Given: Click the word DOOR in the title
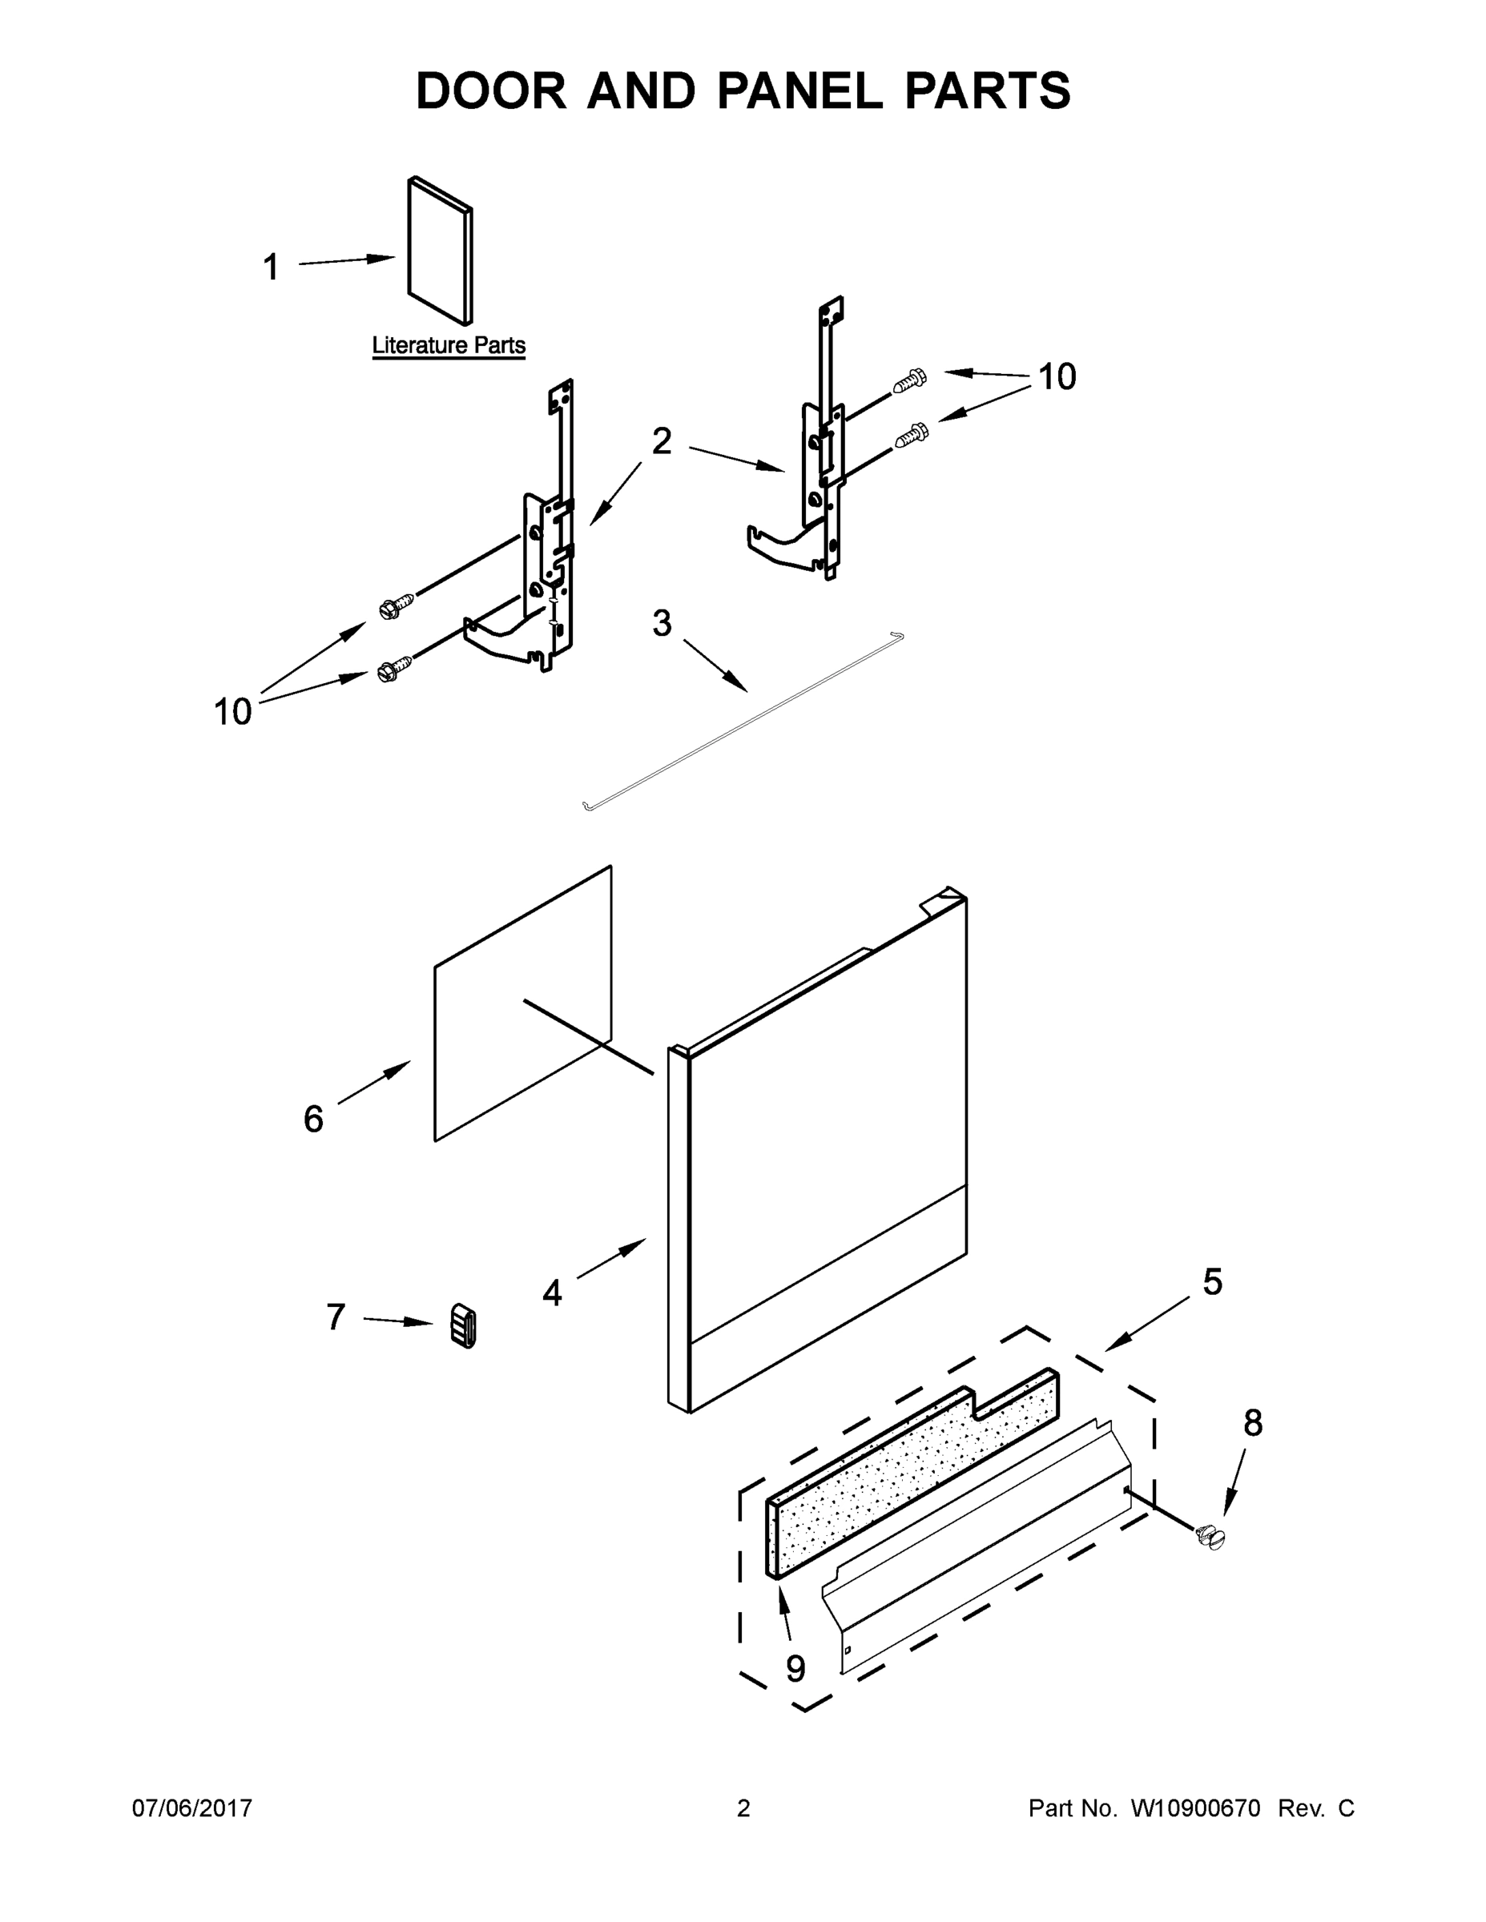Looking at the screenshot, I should (x=491, y=90).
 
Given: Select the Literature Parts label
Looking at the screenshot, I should (x=448, y=345).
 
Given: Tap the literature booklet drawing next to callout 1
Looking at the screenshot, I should (x=439, y=251).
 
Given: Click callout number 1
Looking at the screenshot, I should (x=271, y=267).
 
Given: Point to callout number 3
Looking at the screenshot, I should (x=662, y=623).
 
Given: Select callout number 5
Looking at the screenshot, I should (x=1212, y=1282).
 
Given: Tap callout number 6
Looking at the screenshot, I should (x=313, y=1119).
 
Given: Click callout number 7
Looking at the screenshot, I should (x=336, y=1317).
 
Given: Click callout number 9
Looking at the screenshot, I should (x=795, y=1667).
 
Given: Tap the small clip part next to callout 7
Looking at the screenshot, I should (x=463, y=1325).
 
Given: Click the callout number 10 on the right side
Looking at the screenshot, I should (x=1057, y=376).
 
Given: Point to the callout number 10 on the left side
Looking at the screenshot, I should (x=233, y=711).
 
